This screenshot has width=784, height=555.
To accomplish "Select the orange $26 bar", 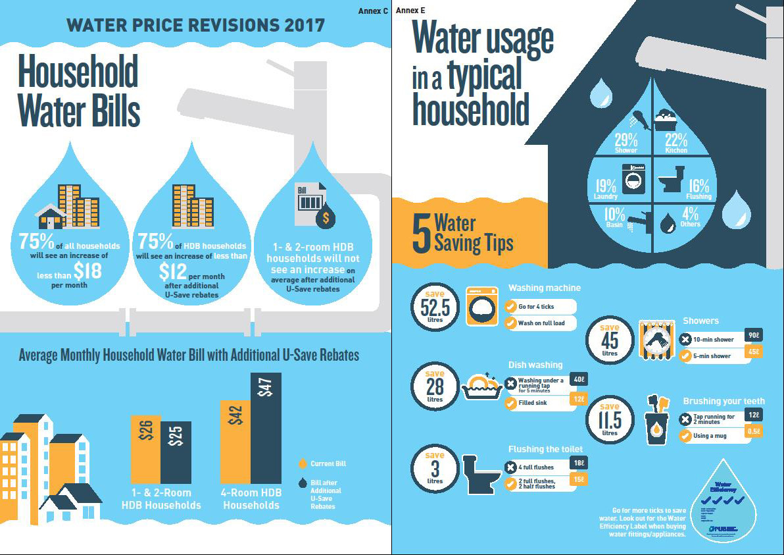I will coord(145,449).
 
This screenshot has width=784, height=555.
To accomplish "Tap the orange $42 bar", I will coord(235,441).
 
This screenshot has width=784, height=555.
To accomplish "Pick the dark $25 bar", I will coord(176,452).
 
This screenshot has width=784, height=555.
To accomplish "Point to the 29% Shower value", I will coord(625,140).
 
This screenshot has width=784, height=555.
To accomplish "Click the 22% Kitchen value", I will coord(675,140).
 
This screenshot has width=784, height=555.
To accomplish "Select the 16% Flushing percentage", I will coord(698,186).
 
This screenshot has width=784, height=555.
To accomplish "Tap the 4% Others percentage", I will coord(690,214).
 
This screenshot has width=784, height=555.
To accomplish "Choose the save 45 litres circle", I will coord(610,340).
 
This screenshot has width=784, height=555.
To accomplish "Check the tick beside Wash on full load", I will coord(510,323).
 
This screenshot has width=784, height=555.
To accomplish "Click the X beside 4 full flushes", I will coord(510,467).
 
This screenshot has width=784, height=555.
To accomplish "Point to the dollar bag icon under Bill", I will coord(325,218).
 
